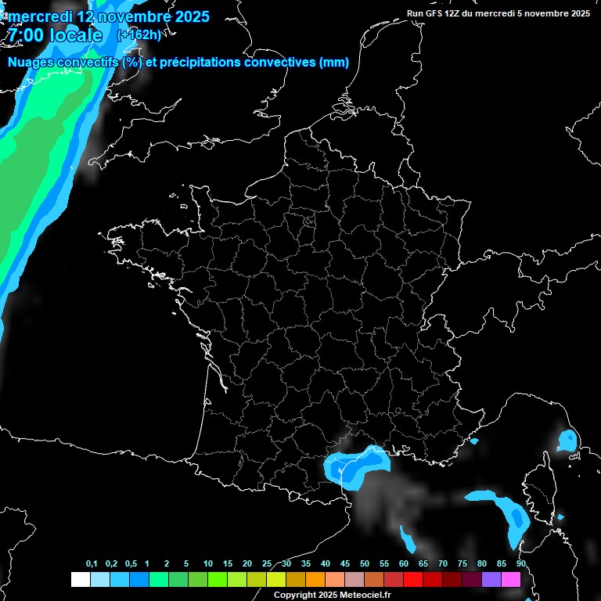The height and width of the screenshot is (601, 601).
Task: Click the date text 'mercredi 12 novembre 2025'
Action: click(108, 16)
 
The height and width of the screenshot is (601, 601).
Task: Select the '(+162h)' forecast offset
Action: click(139, 34)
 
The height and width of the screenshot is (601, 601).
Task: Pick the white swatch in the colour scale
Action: click(80, 580)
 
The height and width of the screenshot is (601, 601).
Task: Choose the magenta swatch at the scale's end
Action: click(511, 580)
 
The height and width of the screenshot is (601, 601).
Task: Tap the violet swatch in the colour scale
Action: click(491, 580)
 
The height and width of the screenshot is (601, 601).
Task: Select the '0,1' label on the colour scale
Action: click(91, 564)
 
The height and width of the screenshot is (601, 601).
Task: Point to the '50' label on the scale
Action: click(365, 564)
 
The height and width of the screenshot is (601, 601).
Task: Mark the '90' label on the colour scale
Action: click(521, 564)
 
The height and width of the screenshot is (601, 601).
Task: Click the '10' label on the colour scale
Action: click(208, 564)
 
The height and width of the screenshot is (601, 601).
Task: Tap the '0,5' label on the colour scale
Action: click(130, 564)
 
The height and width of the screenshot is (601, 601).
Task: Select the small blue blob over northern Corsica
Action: click(567, 441)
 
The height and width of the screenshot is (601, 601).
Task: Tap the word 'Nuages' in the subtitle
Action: click(31, 62)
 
